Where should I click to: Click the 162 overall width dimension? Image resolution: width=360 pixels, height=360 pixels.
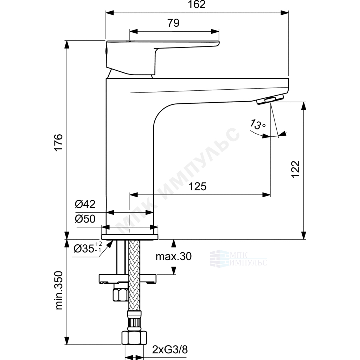pos(197,5)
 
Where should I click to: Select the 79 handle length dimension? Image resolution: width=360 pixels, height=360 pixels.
pos(173,23)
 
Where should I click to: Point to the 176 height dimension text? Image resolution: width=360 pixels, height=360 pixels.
pos(59,142)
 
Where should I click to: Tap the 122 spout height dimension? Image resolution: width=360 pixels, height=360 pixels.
pos(296,169)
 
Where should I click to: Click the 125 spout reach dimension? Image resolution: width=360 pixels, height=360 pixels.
pos(198,186)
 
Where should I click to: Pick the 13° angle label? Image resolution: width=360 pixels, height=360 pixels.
pos(258,124)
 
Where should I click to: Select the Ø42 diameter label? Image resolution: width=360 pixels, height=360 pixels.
pos(85,204)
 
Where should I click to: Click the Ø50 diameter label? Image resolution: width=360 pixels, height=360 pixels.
pos(85,219)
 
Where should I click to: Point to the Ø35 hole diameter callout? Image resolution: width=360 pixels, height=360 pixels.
pos(88,248)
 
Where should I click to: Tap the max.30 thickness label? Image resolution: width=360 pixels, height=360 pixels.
pos(174,256)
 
